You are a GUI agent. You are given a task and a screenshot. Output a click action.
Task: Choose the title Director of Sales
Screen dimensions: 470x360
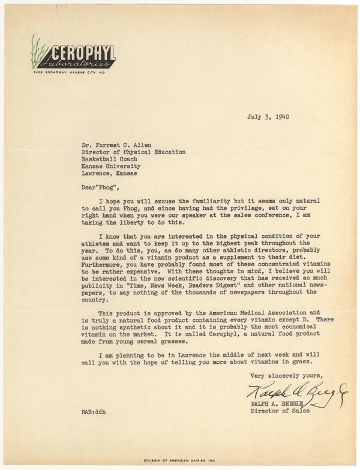278,412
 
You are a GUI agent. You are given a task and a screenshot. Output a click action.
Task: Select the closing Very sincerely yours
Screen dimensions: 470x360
281,375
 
